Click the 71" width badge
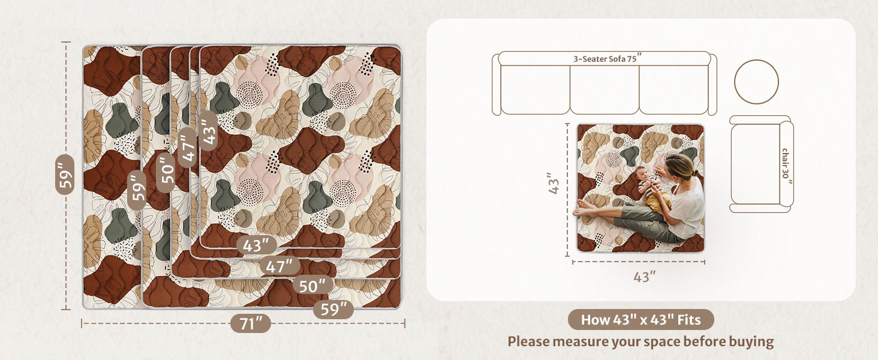pyautogui.click(x=251, y=324)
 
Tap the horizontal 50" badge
pyautogui.click(x=313, y=286)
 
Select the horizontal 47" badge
pyautogui.click(x=280, y=266)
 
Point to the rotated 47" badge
pyautogui.click(x=187, y=147)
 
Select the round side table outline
pyautogui.click(x=756, y=82)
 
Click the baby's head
pyautogui.click(x=642, y=173)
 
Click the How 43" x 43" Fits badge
pyautogui.click(x=641, y=320)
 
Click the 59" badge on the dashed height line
pyautogui.click(x=65, y=175)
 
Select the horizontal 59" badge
pyautogui.click(x=333, y=309)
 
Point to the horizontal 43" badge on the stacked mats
pyautogui.click(x=257, y=245)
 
